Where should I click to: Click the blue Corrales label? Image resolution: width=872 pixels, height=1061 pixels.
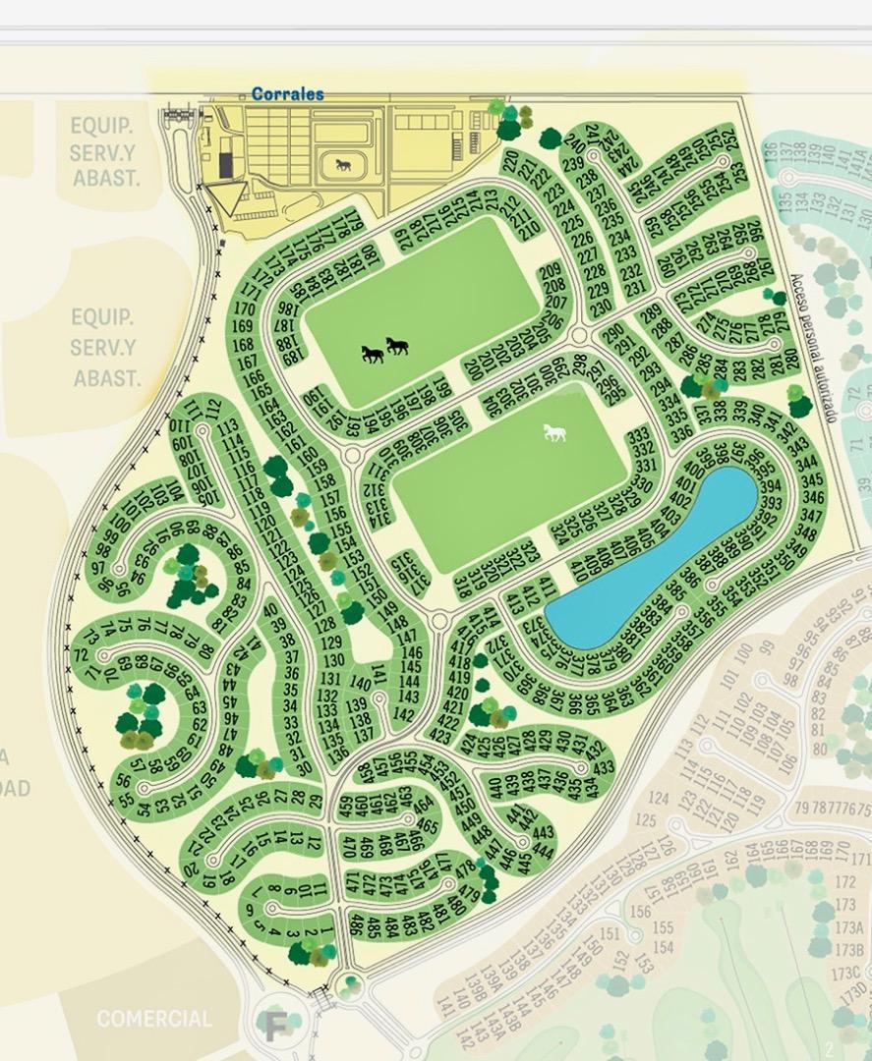[287, 94]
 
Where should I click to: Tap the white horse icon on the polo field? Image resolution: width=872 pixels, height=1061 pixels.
[554, 431]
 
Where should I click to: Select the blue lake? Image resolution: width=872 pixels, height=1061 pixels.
[653, 558]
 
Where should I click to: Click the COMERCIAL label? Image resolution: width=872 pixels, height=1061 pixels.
[153, 1019]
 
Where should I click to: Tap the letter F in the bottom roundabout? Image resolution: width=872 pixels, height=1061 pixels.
[274, 1025]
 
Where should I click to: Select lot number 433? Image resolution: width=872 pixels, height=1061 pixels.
[603, 767]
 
